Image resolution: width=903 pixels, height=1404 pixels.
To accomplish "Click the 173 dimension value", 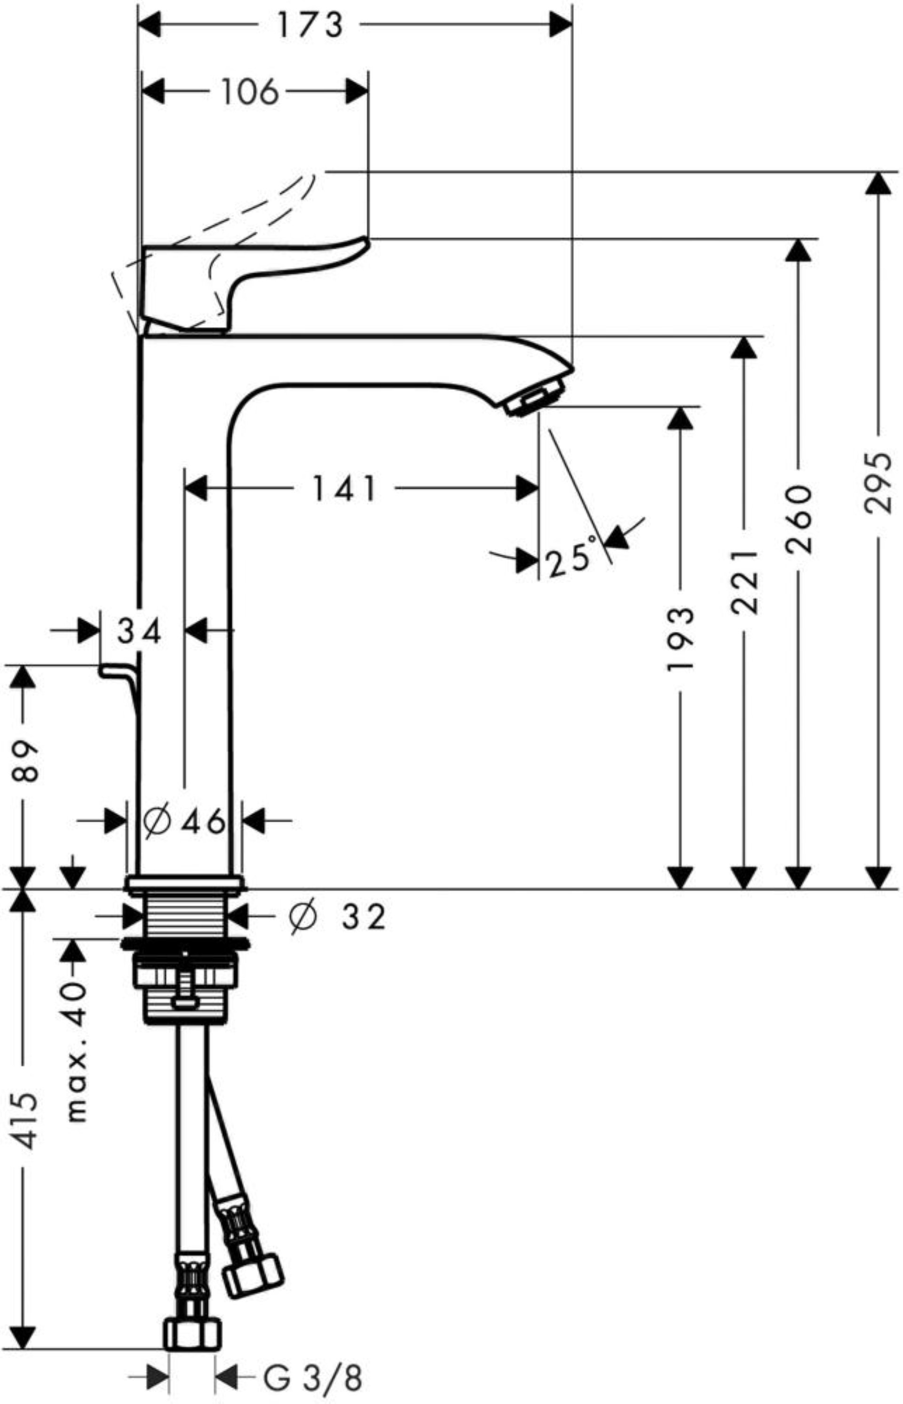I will (309, 26).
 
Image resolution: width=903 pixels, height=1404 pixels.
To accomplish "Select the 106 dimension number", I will (249, 93).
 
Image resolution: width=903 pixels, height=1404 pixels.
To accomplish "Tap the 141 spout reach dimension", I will (344, 489).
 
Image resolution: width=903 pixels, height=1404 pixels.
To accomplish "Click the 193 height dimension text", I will (681, 639).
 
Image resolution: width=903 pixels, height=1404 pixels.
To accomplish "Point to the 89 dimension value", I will (24, 762).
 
